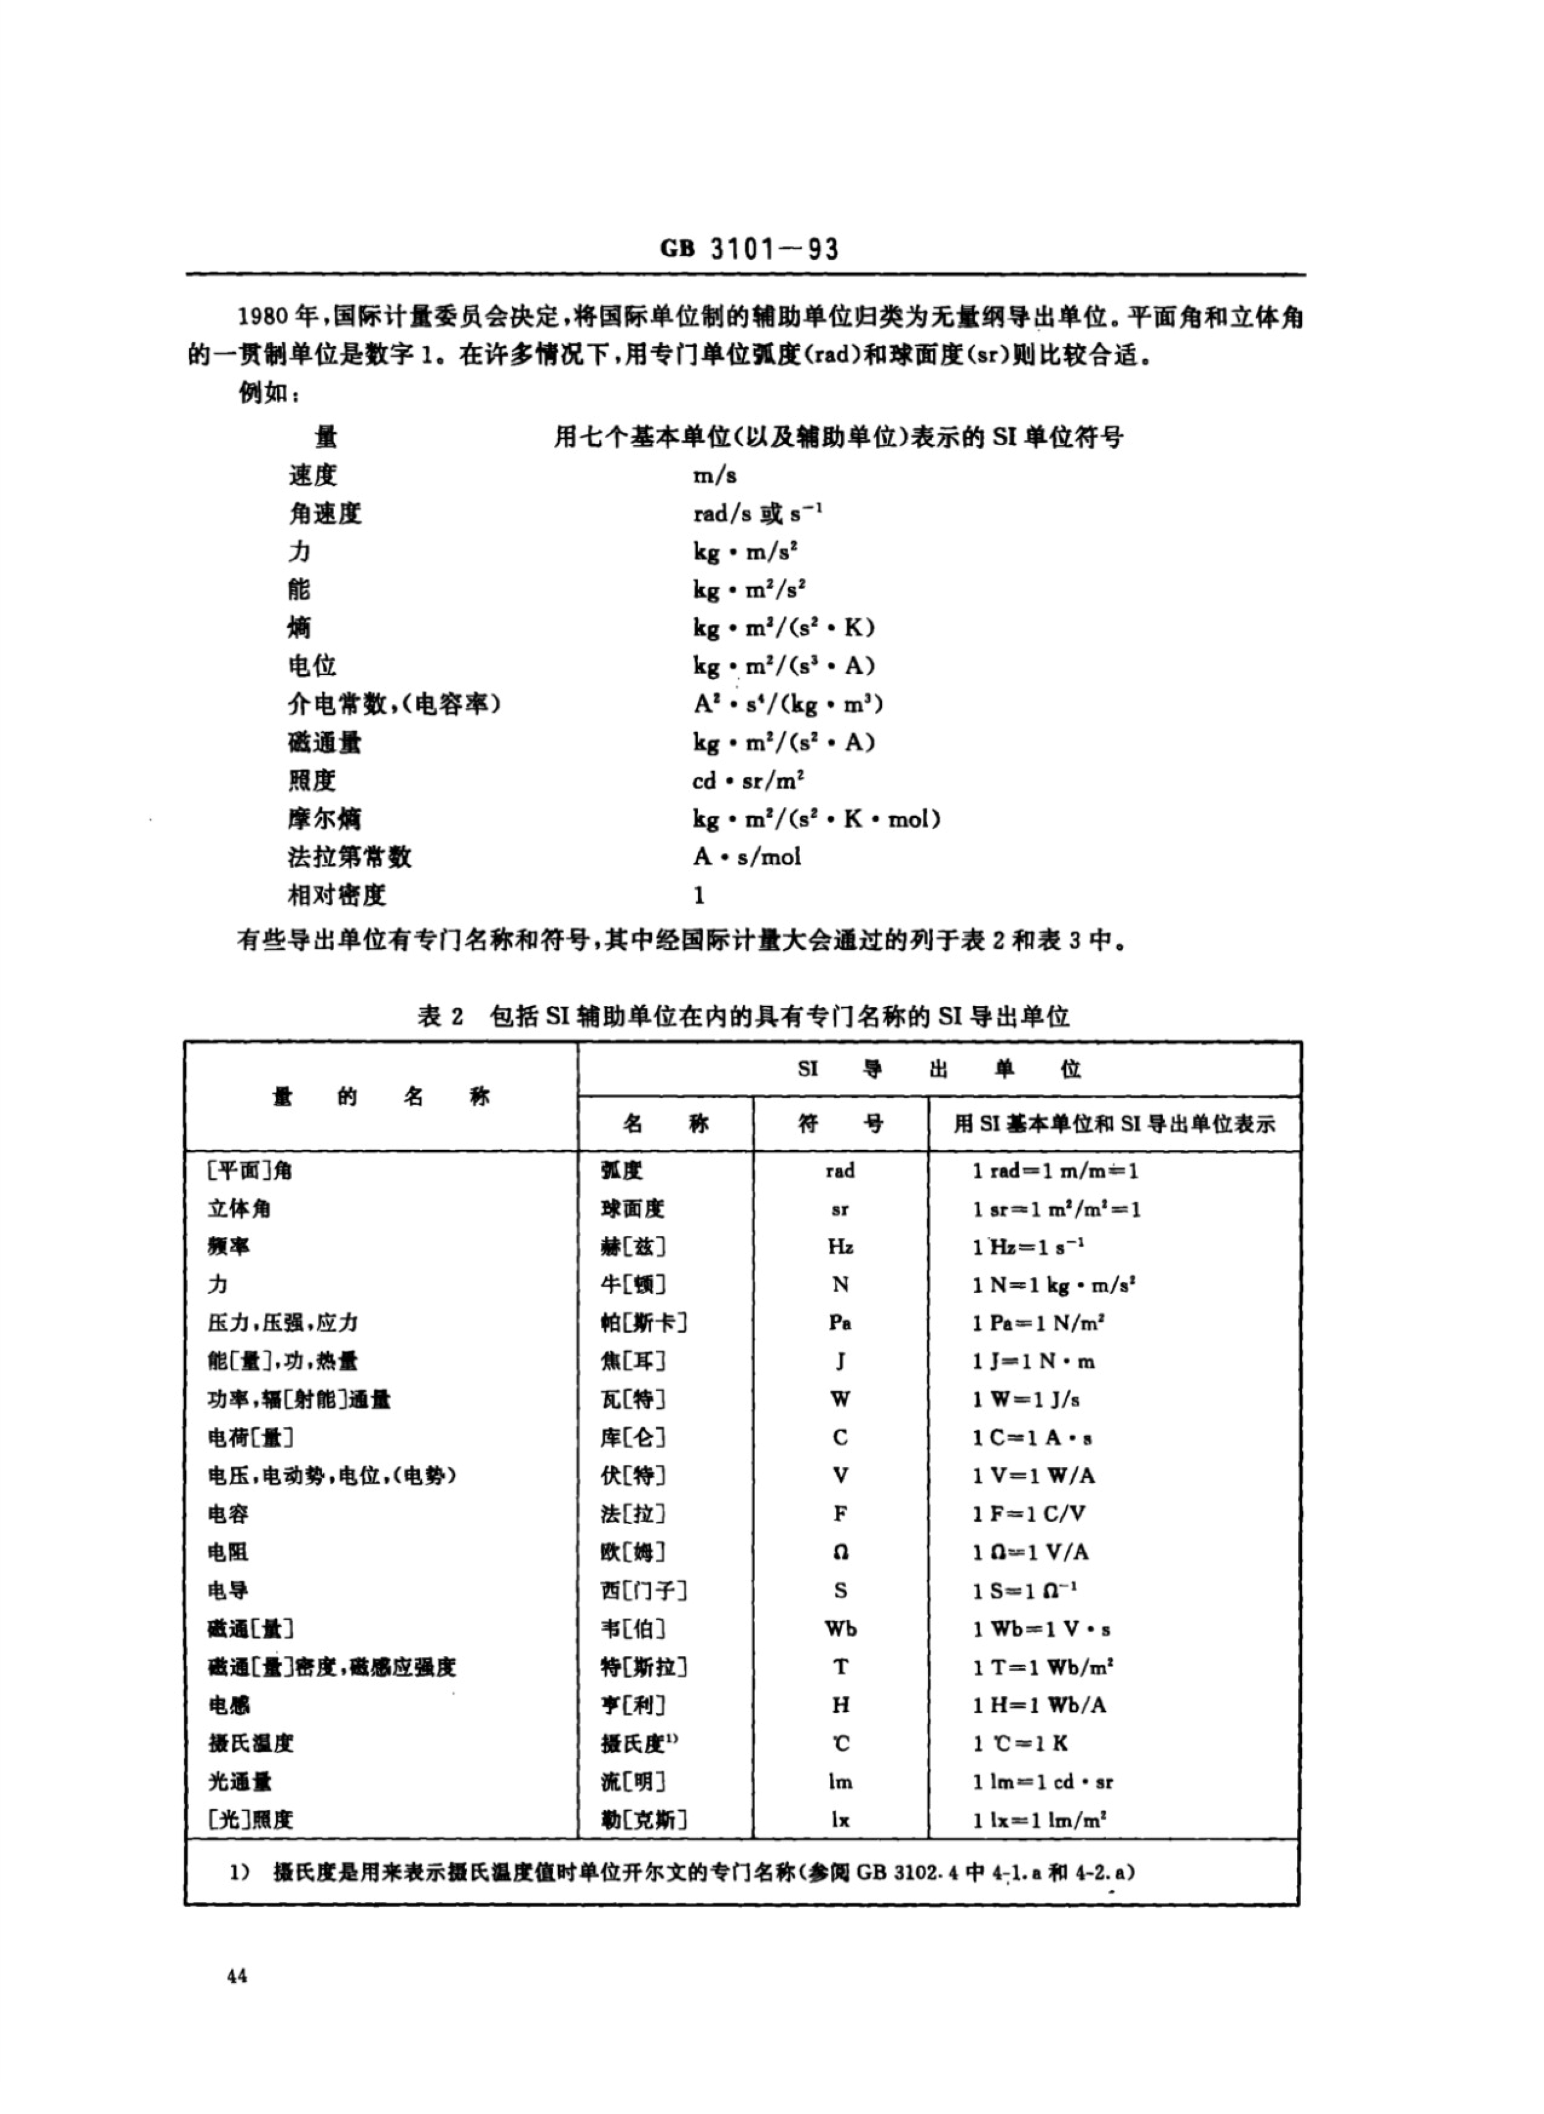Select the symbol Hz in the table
[840, 1246]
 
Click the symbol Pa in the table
[840, 1323]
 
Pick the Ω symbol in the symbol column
[840, 1552]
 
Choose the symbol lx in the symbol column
[840, 1819]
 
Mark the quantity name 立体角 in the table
[239, 1208]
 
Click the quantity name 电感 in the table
[228, 1704]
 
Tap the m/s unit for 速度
[715, 475]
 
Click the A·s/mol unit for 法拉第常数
[747, 857]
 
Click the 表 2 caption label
[440, 1016]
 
